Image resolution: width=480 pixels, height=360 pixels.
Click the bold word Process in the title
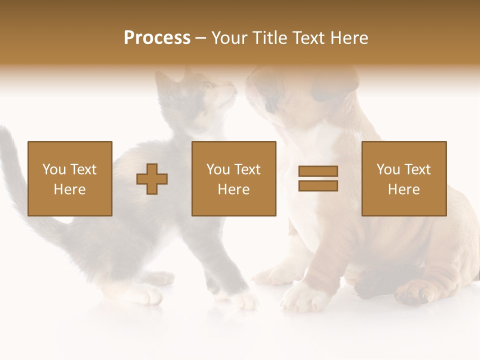coord(157,38)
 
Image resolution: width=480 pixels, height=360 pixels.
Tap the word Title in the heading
coord(271,38)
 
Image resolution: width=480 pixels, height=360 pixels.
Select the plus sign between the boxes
coord(152,178)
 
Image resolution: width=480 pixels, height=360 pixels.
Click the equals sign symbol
coord(318,178)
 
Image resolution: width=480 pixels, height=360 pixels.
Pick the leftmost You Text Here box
coord(69,178)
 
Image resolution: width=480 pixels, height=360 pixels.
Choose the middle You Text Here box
coord(233,178)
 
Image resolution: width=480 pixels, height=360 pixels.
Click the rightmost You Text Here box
coord(403,178)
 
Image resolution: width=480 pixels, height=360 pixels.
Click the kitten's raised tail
coord(12,165)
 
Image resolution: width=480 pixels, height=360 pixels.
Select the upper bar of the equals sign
coord(318,171)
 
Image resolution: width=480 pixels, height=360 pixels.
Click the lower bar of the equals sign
coord(318,186)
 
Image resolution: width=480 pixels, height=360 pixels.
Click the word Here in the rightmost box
coord(403,189)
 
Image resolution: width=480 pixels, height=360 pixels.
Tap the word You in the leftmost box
coord(53,169)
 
